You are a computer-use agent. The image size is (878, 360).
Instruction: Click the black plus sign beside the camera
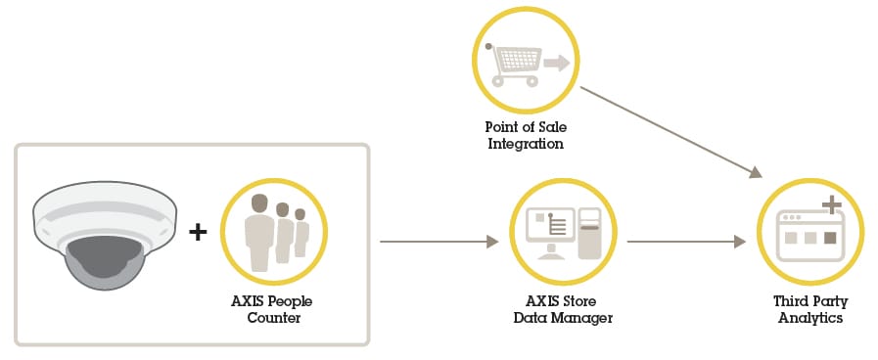(x=198, y=232)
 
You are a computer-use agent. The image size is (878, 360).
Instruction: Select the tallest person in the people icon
(x=259, y=233)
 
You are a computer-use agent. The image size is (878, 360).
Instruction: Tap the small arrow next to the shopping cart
(x=556, y=63)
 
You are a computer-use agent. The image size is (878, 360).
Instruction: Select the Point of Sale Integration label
(x=525, y=135)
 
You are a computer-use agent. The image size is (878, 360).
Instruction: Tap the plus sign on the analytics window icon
(x=831, y=204)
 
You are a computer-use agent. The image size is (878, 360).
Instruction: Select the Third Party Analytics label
(x=809, y=309)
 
